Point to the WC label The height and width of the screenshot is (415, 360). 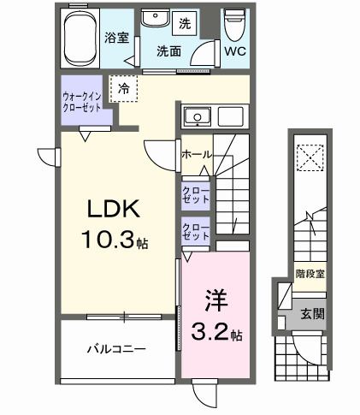[x=234, y=51]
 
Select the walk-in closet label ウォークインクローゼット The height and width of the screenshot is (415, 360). [x=82, y=103]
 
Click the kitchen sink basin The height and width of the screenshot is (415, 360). [x=196, y=116]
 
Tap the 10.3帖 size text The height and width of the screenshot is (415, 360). [x=112, y=242]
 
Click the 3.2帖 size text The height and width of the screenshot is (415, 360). [x=216, y=333]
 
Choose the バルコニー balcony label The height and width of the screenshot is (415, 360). [x=115, y=349]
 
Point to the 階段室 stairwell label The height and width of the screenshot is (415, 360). [x=310, y=274]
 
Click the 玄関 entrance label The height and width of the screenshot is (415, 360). [x=311, y=314]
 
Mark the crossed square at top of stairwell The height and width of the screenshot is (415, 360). [x=308, y=157]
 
